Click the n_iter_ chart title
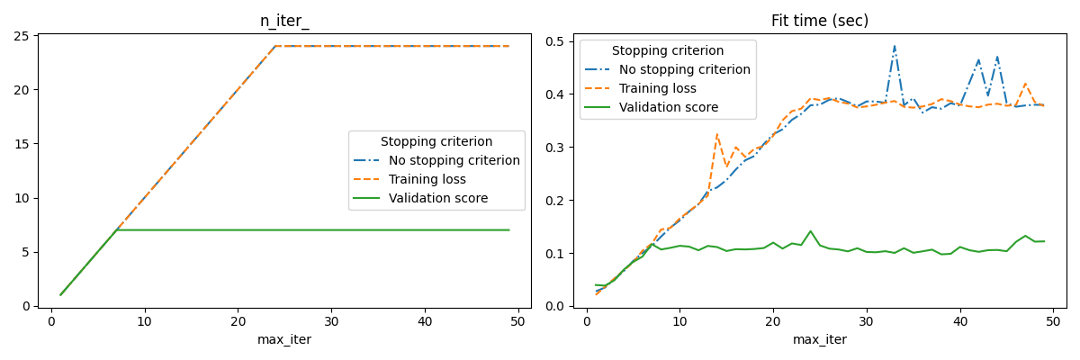click(x=283, y=21)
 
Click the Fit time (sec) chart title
click(x=819, y=21)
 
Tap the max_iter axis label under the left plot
click(x=283, y=339)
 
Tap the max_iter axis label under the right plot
click(x=819, y=339)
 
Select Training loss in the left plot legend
click(x=427, y=179)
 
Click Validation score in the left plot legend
click(x=437, y=198)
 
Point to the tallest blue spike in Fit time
click(x=895, y=46)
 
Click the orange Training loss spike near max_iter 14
click(x=717, y=135)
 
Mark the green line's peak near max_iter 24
click(x=810, y=231)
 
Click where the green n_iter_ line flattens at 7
click(x=117, y=230)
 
